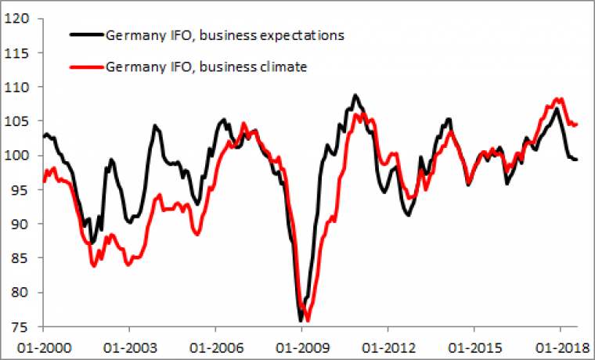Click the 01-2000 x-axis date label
pyautogui.click(x=43, y=345)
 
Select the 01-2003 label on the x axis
pyautogui.click(x=129, y=345)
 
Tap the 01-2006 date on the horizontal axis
pyautogui.click(x=215, y=345)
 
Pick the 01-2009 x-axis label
pyautogui.click(x=301, y=345)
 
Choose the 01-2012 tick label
pyautogui.click(x=388, y=345)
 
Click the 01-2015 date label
pyautogui.click(x=474, y=345)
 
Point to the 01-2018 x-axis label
pyautogui.click(x=560, y=345)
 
